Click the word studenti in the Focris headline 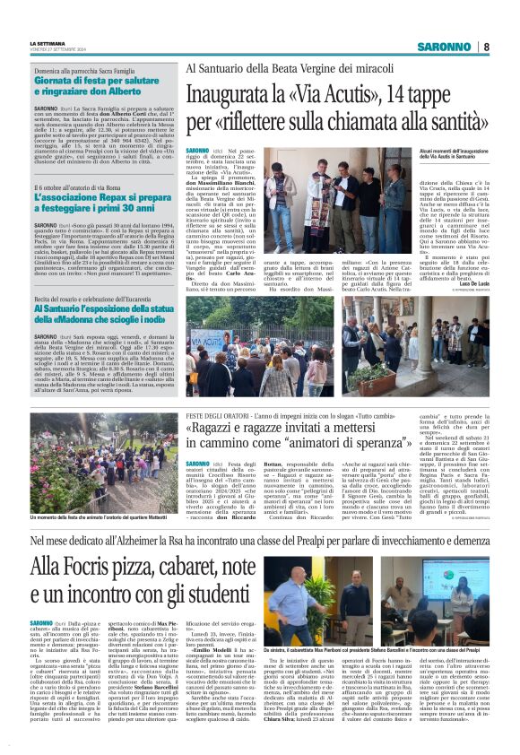click(x=206, y=595)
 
